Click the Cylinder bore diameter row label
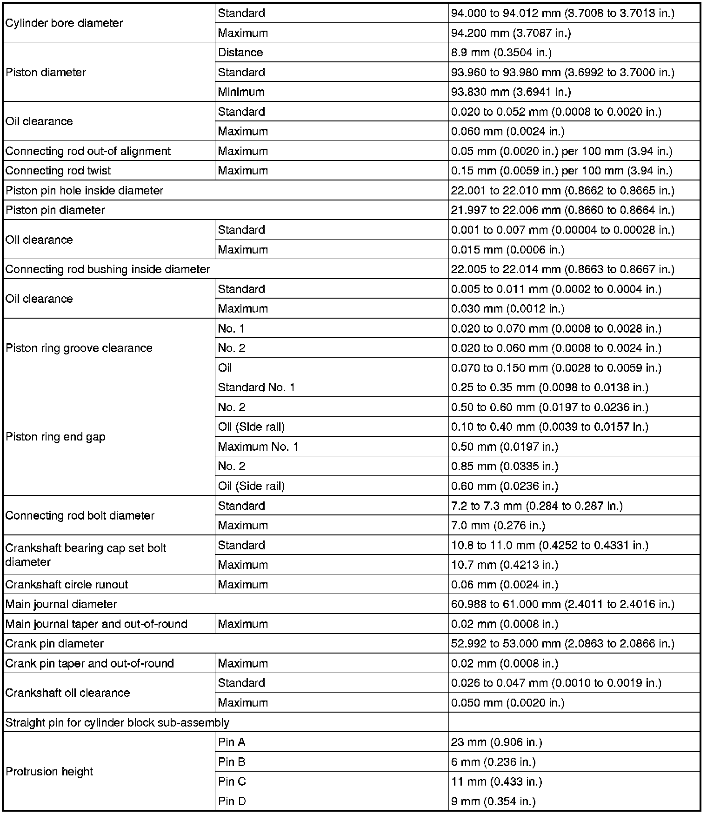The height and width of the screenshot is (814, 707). tap(64, 23)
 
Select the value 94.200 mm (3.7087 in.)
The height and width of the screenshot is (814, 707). tap(511, 33)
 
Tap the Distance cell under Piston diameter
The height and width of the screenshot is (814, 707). tap(240, 53)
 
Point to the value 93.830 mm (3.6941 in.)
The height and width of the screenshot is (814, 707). tap(511, 92)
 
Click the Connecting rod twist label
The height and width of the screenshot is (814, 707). tap(58, 171)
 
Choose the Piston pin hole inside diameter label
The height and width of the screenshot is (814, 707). tap(85, 191)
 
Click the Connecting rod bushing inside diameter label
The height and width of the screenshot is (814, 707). tap(107, 269)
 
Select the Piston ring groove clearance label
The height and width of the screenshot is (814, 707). tap(79, 348)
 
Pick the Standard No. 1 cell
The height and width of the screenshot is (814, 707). tap(256, 387)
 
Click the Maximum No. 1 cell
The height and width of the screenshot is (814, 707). tap(258, 447)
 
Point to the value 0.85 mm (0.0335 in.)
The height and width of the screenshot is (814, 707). tap(504, 467)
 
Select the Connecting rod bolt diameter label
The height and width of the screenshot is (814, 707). tap(80, 516)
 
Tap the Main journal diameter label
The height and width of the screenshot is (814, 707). tap(61, 604)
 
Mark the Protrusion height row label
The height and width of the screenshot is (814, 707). tap(50, 772)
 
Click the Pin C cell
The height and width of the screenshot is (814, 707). tap(232, 781)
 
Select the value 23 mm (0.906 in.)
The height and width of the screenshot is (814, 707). tap(496, 742)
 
